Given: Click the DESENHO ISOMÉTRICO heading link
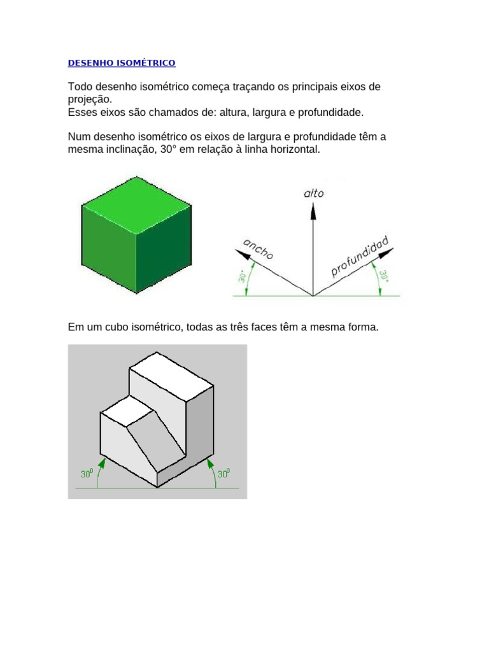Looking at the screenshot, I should pyautogui.click(x=122, y=63).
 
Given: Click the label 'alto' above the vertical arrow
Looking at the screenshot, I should pyautogui.click(x=313, y=194).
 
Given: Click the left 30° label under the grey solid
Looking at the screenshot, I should pyautogui.click(x=87, y=474).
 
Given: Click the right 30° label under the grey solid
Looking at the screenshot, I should pyautogui.click(x=223, y=474).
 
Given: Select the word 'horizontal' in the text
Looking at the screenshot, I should pyautogui.click(x=290, y=150).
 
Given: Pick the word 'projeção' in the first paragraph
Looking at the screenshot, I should pyautogui.click(x=89, y=99).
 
